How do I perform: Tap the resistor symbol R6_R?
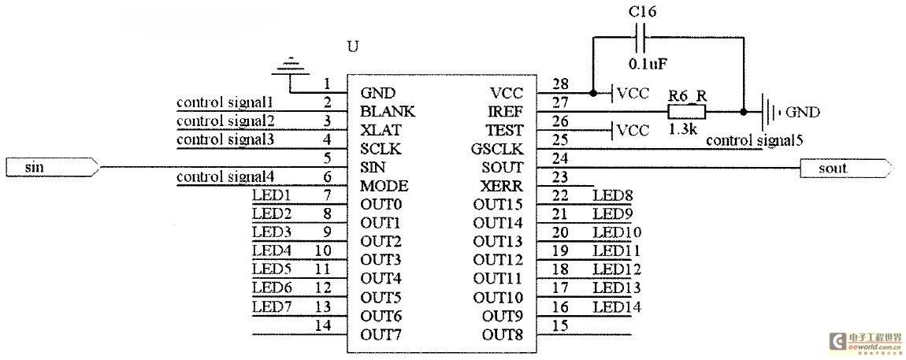coord(688,111)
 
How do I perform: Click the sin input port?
coord(53,168)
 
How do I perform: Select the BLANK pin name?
coord(388,111)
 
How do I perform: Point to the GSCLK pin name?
coord(497,149)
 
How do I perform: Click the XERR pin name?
coord(502,186)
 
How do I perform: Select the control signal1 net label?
coord(225,103)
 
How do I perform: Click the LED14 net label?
coord(617,306)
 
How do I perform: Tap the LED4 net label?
coord(272,251)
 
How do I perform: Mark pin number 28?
coord(560,84)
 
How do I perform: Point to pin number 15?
coord(560,325)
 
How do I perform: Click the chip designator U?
coord(352,46)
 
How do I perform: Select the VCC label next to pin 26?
coord(633,130)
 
